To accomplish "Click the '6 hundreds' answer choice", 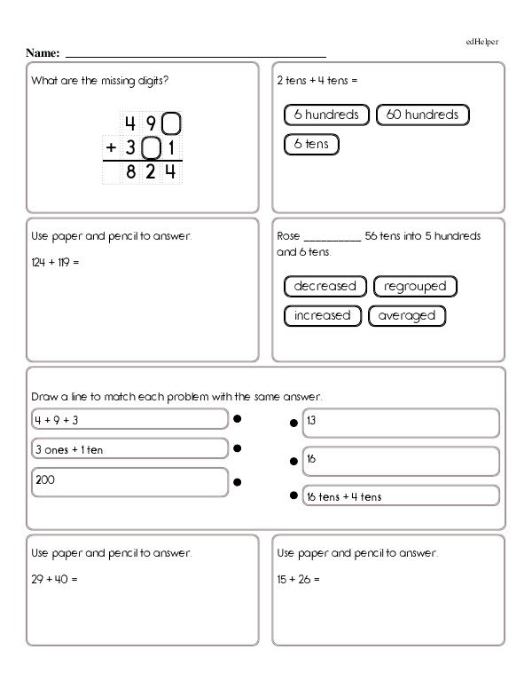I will pyautogui.click(x=326, y=115).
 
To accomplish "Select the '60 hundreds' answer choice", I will pyautogui.click(x=423, y=115).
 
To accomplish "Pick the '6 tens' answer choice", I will pyautogui.click(x=311, y=143).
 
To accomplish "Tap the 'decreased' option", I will pyautogui.click(x=325, y=286).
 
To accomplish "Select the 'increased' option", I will pyautogui.click(x=323, y=315).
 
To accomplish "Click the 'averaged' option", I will pyautogui.click(x=406, y=315).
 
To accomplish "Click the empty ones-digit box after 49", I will pyautogui.click(x=174, y=123).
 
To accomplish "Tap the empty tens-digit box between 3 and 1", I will pyautogui.click(x=152, y=147).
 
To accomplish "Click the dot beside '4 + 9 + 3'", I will pyautogui.click(x=238, y=418).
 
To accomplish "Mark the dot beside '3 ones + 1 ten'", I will pyautogui.click(x=238, y=449).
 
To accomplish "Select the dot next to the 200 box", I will pyautogui.click(x=238, y=482).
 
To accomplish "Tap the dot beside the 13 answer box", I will pyautogui.click(x=293, y=424).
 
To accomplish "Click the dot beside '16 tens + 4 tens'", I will pyautogui.click(x=293, y=496).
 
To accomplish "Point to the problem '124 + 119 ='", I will pyautogui.click(x=55, y=263).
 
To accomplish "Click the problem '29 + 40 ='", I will pyautogui.click(x=55, y=579).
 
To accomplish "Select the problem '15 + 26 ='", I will pyautogui.click(x=298, y=579).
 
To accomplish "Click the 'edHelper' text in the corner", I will pyautogui.click(x=482, y=42).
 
